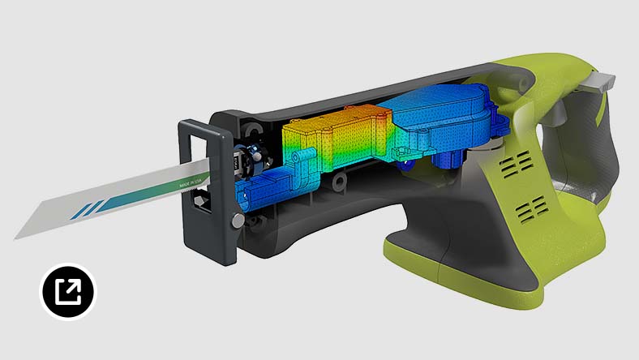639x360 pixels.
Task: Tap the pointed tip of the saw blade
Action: pos(18,236)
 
